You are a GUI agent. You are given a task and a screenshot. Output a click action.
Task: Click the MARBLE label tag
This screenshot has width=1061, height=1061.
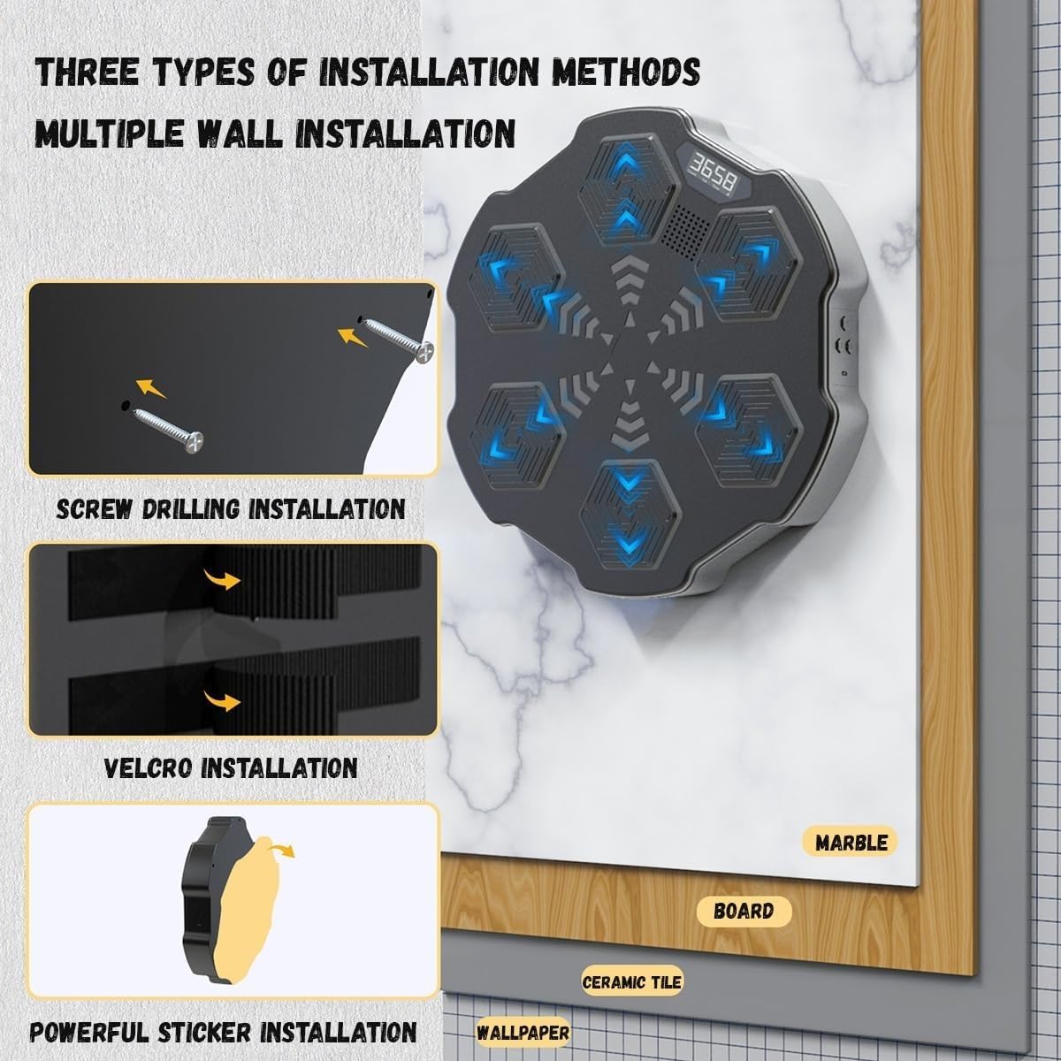tap(850, 842)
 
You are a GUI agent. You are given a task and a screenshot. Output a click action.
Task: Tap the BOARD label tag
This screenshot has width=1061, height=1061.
tap(744, 912)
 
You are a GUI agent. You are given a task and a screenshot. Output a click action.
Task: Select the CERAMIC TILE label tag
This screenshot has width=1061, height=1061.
tap(631, 981)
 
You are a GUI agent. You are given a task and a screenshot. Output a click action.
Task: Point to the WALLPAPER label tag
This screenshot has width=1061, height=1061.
tap(523, 1033)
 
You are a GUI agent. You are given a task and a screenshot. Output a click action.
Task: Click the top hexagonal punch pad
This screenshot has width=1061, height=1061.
tap(627, 190)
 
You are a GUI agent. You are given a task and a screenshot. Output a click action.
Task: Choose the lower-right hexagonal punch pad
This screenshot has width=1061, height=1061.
tap(748, 431)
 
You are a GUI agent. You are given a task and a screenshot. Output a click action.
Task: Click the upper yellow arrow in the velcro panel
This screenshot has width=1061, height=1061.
tap(222, 579)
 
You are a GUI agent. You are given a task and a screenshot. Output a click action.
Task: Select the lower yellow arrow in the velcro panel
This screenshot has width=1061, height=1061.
tap(222, 700)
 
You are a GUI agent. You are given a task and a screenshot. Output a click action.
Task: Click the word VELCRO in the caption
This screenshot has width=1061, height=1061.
tap(149, 767)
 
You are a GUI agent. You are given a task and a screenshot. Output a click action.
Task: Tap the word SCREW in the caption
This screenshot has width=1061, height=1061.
tap(94, 508)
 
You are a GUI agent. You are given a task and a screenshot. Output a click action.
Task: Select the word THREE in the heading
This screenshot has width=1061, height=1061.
tap(87, 73)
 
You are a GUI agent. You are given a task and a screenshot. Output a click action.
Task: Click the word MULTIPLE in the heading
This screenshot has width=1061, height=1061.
tap(109, 134)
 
